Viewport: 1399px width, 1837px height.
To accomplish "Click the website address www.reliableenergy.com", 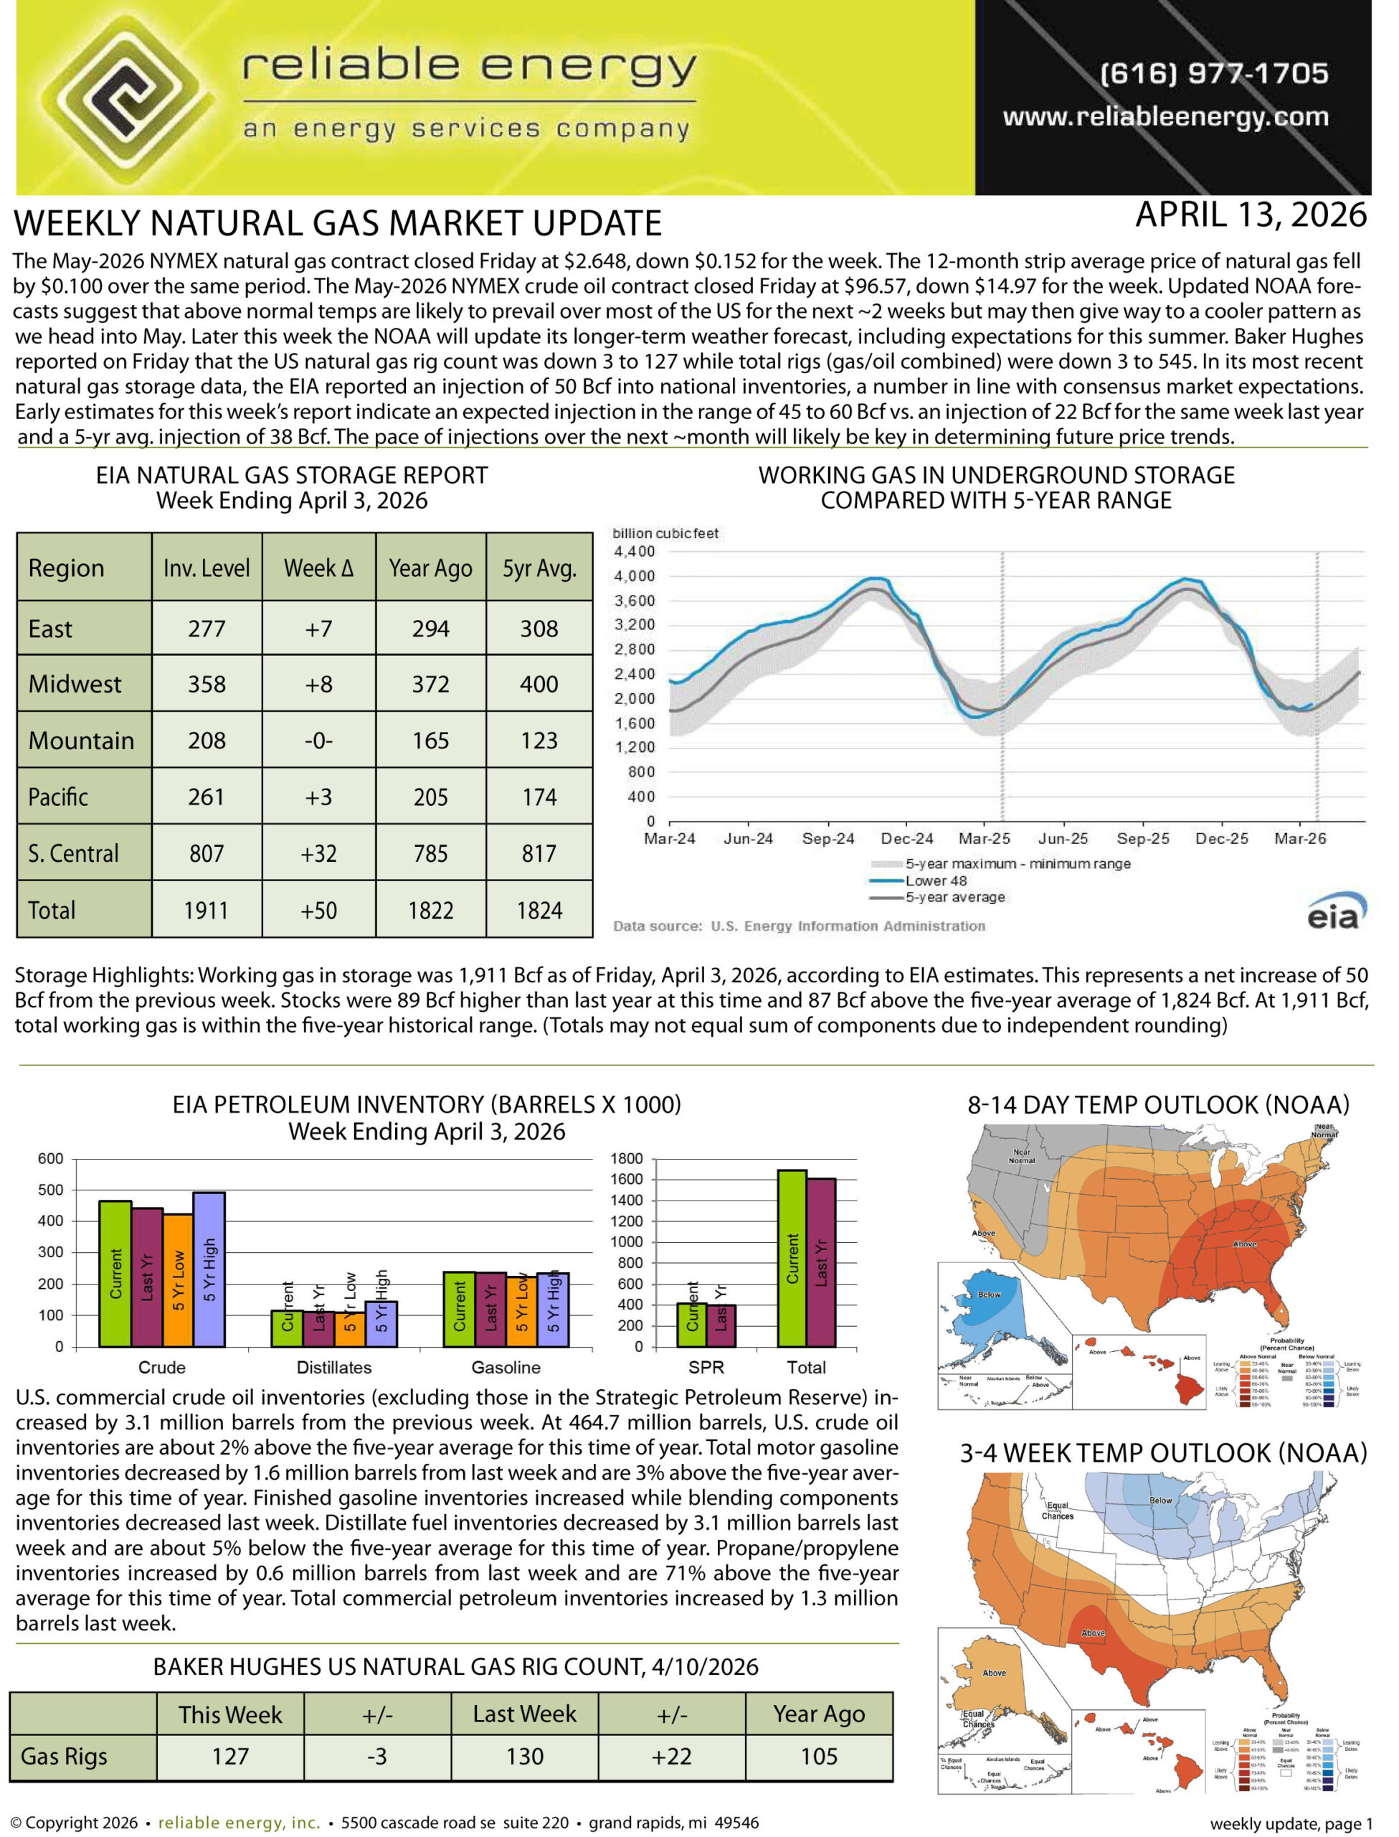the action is (x=1165, y=117).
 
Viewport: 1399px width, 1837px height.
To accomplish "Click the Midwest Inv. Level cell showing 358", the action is (x=207, y=684).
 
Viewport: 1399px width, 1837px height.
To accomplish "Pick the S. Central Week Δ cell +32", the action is (x=318, y=853).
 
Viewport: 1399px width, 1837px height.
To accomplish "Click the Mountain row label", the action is (x=81, y=741).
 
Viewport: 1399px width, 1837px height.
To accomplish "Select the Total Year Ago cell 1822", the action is (x=430, y=910).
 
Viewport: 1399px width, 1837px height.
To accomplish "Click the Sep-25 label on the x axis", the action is (x=1142, y=839).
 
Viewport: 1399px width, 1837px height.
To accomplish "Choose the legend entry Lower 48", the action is (x=936, y=880).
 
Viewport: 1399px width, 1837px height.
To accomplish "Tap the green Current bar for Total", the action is (x=792, y=1259).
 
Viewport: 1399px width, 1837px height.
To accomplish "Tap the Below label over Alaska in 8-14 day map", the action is (x=990, y=1295).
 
